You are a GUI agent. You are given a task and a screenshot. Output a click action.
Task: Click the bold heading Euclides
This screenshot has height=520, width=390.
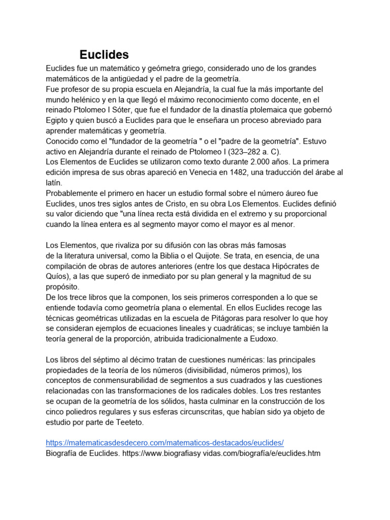104,55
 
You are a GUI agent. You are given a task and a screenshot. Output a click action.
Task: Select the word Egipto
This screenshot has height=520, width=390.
57,120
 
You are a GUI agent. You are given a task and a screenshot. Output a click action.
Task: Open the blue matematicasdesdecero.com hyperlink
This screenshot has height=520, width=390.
165,443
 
